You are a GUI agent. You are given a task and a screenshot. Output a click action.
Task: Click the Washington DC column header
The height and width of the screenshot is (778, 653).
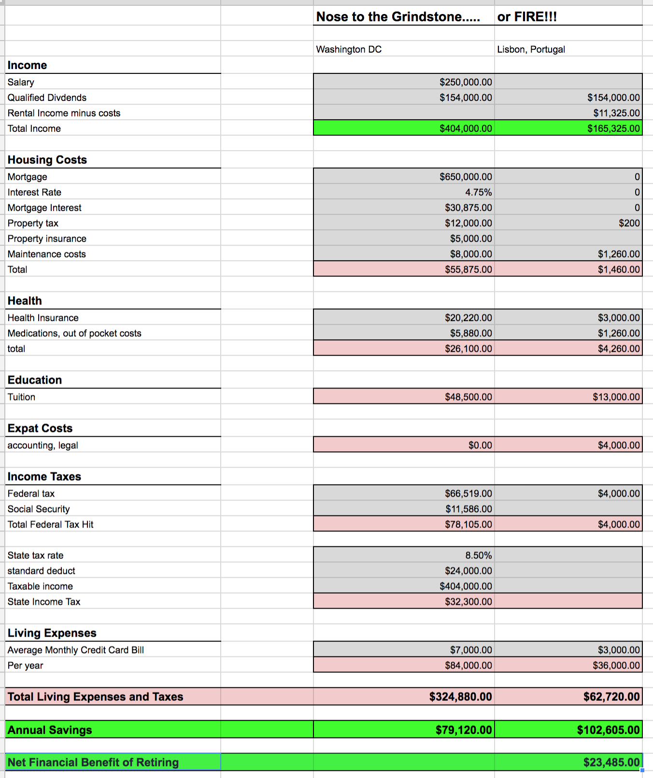pos(349,49)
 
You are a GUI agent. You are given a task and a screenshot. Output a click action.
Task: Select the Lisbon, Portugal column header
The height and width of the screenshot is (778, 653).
pos(531,49)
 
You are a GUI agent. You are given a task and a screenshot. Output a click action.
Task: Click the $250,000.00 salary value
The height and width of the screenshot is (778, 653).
pos(466,82)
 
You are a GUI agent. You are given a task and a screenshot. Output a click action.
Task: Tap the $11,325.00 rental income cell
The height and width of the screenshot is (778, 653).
pos(616,113)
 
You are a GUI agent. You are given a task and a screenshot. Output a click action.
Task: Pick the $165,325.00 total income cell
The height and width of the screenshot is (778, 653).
pos(613,128)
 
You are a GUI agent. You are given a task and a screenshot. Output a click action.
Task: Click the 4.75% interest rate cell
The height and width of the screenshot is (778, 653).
pos(478,192)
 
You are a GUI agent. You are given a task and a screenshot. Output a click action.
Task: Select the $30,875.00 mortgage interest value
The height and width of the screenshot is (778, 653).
pos(468,208)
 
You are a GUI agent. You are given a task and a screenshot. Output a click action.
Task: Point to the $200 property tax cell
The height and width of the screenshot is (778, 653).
pos(629,223)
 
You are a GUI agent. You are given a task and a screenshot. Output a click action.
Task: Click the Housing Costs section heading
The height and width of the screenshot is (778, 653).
pos(47,160)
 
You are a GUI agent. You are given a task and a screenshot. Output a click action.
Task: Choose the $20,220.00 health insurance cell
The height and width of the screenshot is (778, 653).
pos(468,318)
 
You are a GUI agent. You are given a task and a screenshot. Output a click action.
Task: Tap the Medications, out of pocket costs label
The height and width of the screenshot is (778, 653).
pos(74,333)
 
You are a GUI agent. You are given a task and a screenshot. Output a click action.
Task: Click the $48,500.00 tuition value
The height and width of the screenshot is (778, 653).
pos(468,397)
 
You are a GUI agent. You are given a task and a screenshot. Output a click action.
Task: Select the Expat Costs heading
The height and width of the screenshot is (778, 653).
pos(40,428)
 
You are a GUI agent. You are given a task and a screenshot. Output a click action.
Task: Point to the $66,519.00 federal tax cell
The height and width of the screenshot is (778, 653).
pos(468,493)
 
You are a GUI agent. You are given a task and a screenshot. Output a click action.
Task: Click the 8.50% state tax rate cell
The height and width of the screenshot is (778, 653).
pos(478,555)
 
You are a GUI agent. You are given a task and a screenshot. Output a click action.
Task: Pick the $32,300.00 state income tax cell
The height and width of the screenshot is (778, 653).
pos(468,601)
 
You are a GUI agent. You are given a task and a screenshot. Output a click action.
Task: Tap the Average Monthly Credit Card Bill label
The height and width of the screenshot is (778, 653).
pos(76,650)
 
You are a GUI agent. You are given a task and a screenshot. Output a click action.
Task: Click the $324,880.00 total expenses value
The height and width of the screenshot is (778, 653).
pos(460,696)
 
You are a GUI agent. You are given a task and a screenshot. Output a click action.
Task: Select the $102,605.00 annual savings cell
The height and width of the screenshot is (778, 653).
pos(608,730)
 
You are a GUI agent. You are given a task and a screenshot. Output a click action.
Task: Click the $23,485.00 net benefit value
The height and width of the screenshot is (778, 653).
pos(611,762)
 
